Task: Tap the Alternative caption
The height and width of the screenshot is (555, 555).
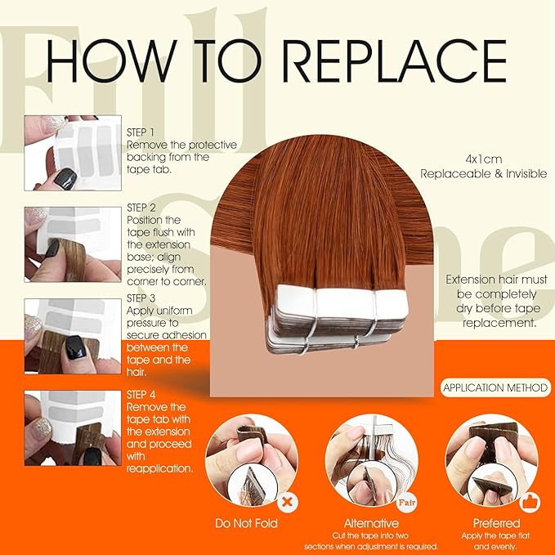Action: [x=371, y=522]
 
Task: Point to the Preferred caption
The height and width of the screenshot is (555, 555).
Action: [x=495, y=522]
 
